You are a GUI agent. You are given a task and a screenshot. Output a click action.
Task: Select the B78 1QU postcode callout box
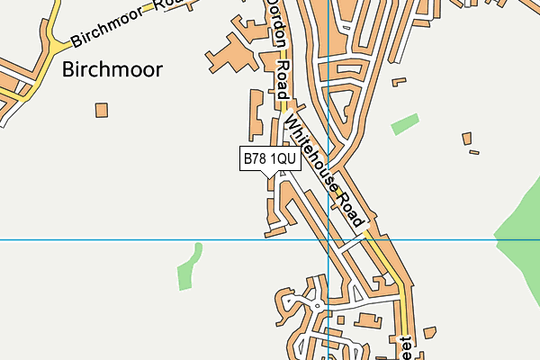(269, 158)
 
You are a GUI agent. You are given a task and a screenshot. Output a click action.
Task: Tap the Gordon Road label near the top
(279, 49)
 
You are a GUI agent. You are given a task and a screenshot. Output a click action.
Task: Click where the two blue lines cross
(329, 239)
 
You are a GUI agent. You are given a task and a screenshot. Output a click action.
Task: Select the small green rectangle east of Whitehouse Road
(405, 124)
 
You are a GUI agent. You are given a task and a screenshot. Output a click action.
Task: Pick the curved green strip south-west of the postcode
(188, 267)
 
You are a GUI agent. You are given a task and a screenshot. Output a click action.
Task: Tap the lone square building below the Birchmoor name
(102, 110)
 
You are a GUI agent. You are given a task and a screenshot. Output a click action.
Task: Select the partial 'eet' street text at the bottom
(407, 346)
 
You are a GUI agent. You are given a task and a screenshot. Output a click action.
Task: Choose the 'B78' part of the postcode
(255, 158)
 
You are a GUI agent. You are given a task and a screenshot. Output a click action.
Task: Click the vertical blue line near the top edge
(329, 18)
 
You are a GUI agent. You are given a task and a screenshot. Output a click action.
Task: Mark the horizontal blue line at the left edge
(18, 239)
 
